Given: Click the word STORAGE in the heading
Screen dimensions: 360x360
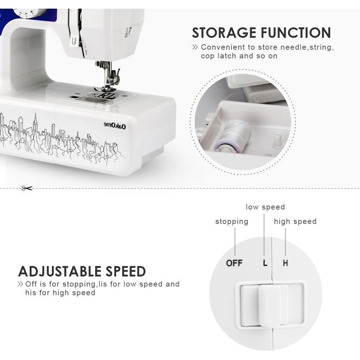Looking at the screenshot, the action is pos(224,33).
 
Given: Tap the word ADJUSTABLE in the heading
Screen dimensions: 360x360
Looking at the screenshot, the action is pos(60,271).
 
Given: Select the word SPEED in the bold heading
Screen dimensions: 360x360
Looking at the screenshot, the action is pos(126,271).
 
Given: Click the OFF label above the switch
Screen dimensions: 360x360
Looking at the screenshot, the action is pos(234,263).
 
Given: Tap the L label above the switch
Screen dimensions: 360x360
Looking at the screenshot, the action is pos(265,263).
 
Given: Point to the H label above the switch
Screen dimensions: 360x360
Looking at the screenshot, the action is pos(285,263).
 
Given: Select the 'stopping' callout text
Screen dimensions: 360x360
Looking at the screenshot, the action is pos(231,222).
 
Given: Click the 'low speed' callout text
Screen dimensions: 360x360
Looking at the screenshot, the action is pos(265,207).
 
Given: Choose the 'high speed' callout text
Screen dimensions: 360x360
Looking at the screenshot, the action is pos(295,222).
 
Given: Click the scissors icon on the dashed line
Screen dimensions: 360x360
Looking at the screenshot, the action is pos(27,188).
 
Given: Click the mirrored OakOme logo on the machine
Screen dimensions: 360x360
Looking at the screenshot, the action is pos(115,126).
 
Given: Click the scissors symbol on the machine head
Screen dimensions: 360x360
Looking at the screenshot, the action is pos(127,32).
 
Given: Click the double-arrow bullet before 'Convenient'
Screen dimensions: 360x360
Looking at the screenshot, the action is pos(195,47).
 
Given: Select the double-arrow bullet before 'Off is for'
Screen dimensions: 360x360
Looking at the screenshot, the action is pos(21,284).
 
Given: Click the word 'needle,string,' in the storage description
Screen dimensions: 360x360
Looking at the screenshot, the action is pos(307,48).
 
